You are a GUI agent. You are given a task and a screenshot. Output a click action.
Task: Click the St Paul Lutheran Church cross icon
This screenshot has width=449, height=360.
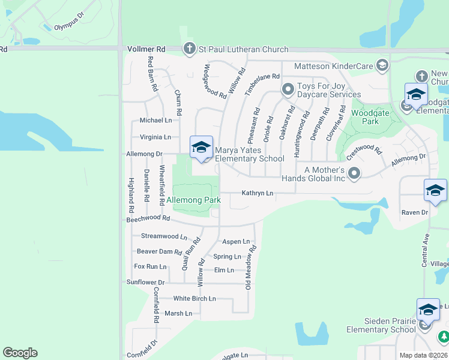point(189,49)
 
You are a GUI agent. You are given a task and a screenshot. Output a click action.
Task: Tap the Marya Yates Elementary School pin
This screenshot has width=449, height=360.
point(201,148)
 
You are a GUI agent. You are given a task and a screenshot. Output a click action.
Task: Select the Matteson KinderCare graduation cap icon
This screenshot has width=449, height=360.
point(382,65)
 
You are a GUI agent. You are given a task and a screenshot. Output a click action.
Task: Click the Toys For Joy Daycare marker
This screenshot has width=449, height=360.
point(288,90)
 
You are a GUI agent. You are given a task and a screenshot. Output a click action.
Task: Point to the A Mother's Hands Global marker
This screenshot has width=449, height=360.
point(354,174)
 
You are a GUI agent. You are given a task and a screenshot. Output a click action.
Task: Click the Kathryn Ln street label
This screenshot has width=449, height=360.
point(258,193)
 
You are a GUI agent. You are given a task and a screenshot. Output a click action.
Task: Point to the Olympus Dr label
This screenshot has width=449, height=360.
point(70,27)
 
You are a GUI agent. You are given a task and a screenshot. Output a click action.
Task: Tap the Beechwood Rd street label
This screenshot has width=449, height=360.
point(144,219)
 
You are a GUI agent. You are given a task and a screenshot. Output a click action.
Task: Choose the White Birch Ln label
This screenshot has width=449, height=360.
point(194,298)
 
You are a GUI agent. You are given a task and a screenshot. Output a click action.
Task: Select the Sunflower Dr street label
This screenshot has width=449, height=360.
point(145,282)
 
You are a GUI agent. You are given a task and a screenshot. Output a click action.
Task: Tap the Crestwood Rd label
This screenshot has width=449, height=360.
point(364,148)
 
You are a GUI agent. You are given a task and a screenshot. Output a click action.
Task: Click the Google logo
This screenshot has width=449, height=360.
point(20,353)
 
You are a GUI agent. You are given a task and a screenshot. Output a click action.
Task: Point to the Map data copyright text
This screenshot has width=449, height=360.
point(424,355)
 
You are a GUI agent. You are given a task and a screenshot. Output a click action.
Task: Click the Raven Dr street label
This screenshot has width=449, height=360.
point(415,212)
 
